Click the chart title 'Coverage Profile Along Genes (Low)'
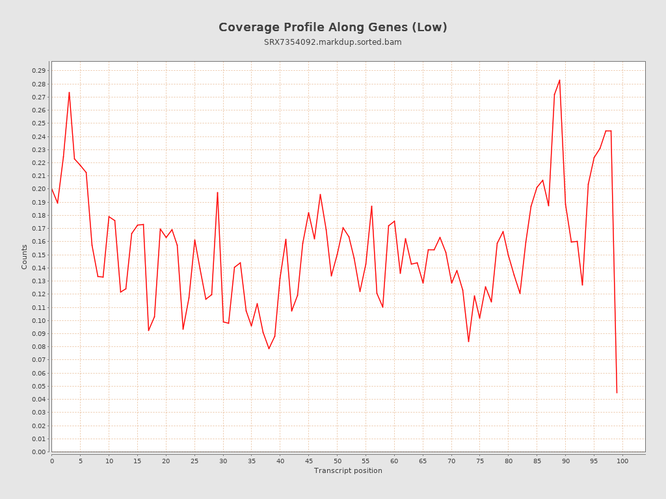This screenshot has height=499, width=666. click(x=332, y=27)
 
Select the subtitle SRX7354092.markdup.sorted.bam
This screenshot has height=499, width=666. click(x=332, y=42)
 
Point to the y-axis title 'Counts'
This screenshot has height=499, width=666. click(x=25, y=257)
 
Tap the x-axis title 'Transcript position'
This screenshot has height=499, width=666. click(x=348, y=470)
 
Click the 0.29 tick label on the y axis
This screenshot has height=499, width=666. click(x=39, y=71)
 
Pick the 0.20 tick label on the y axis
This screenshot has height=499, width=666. click(x=39, y=189)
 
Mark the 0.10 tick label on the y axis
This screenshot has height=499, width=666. click(x=39, y=320)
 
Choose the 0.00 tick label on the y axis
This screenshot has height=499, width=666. click(x=39, y=452)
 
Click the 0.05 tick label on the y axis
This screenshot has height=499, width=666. click(x=39, y=386)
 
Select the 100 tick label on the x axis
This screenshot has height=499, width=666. click(x=622, y=461)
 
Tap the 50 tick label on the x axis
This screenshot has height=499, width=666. click(x=337, y=461)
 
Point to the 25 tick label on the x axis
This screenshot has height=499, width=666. click(x=194, y=461)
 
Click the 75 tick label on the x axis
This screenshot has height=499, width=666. click(x=480, y=461)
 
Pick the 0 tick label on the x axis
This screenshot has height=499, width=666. click(x=52, y=461)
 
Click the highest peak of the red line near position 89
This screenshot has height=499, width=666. click(x=559, y=80)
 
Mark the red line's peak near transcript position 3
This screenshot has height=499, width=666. click(x=69, y=92)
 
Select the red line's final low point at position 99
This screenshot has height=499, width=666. click(x=617, y=392)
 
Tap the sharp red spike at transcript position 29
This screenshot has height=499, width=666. click(x=217, y=192)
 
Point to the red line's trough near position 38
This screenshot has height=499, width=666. click(x=269, y=349)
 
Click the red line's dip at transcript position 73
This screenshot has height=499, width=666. click(x=468, y=342)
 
